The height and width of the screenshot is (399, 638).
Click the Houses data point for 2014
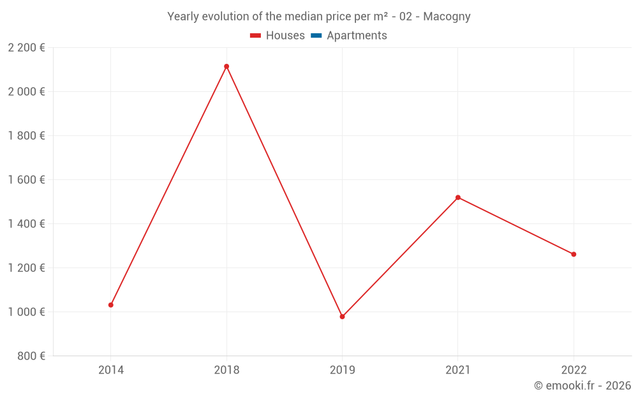point(111,305)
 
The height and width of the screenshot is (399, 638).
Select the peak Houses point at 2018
point(226,66)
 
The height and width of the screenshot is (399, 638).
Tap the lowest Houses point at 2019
point(342,317)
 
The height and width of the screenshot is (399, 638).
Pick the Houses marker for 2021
point(458,197)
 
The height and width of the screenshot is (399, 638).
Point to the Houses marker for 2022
point(574,254)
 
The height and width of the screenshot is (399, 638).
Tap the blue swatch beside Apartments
point(316,36)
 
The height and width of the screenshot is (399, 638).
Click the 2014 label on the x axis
point(111,370)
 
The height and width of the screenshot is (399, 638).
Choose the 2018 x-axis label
point(226,370)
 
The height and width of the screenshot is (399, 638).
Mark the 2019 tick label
point(342,370)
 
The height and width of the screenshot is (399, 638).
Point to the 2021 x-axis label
point(458,370)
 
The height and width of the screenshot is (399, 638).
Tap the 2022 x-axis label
point(574,370)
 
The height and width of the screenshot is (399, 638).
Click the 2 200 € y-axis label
point(26,47)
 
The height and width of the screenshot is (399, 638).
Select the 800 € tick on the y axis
point(31,356)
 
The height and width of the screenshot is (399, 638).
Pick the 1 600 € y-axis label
point(26,180)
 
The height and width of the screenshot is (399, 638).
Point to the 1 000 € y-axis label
point(26,312)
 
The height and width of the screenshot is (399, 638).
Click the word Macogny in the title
point(447,17)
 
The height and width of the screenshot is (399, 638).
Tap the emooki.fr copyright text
point(582,386)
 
